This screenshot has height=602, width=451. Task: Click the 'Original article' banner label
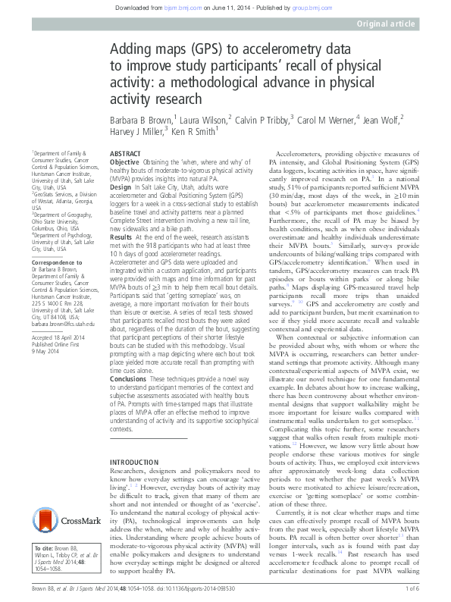(387, 24)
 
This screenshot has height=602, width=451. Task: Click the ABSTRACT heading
(125, 152)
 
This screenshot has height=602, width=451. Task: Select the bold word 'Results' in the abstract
(123, 237)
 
